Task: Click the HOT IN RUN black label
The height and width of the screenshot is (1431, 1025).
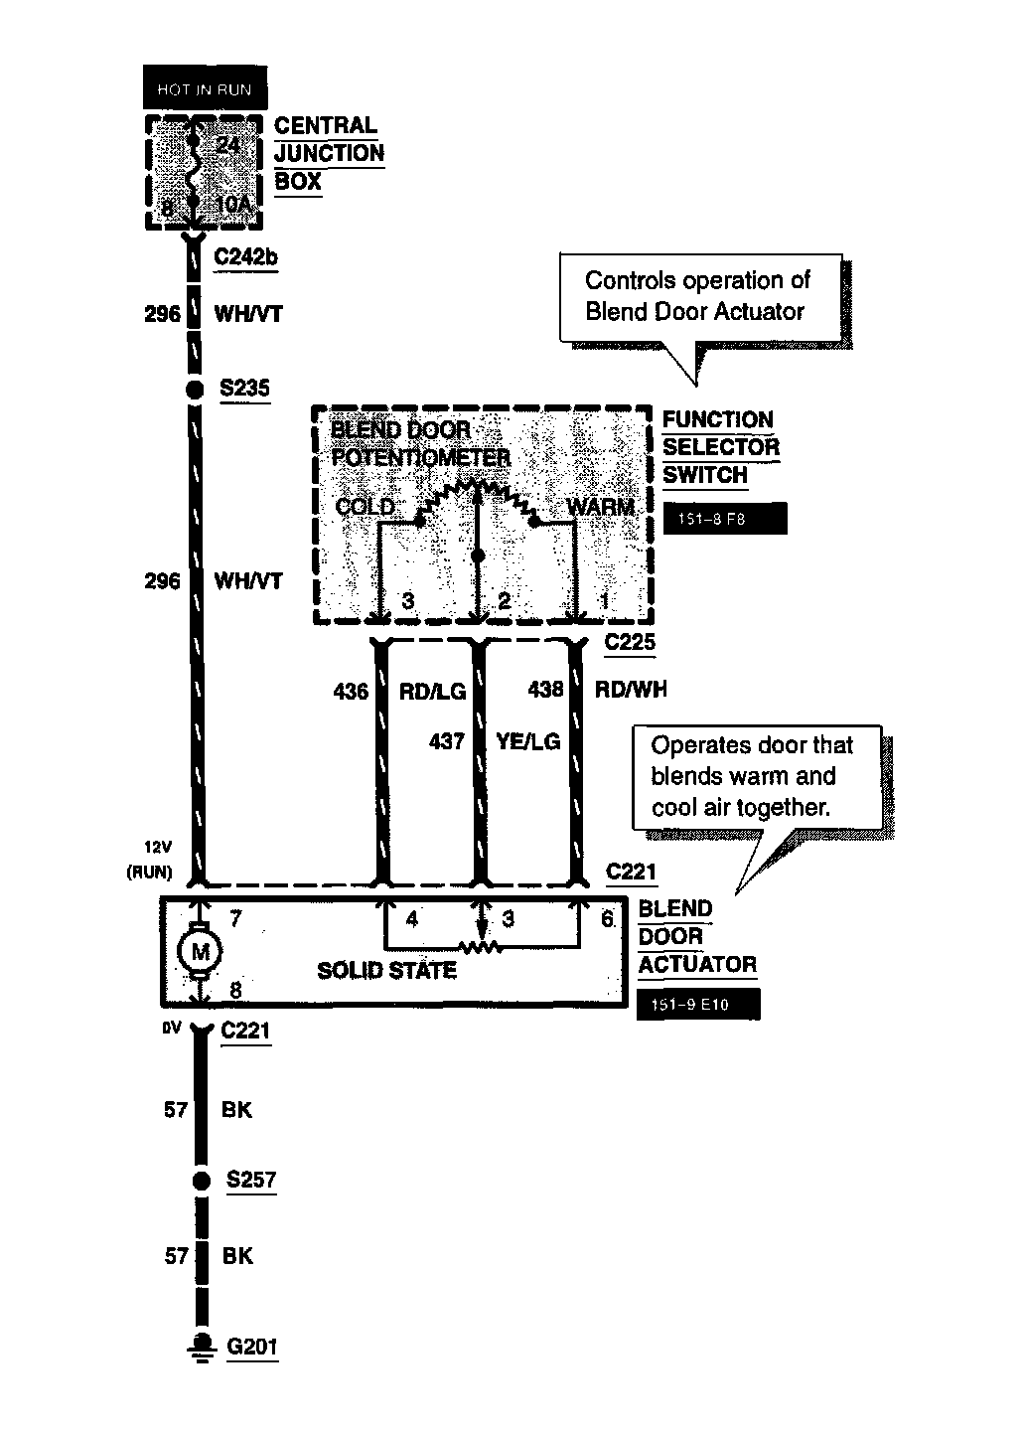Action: [x=205, y=89]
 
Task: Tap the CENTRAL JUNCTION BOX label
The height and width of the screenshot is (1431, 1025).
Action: [x=329, y=153]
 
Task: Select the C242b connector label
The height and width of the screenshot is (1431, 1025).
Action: [x=246, y=257]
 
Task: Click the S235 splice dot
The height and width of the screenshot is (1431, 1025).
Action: [x=196, y=390]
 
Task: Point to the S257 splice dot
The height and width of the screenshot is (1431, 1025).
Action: [x=202, y=1181]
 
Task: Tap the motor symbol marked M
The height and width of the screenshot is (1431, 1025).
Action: [x=200, y=953]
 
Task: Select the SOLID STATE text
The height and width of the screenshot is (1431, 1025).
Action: [x=386, y=970]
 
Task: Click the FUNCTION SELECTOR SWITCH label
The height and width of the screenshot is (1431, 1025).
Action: [x=720, y=447]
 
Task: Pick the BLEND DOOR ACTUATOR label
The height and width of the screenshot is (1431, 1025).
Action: [x=696, y=936]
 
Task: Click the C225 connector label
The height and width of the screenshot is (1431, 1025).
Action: [x=630, y=642]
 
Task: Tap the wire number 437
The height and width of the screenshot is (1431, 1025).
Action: [x=447, y=741]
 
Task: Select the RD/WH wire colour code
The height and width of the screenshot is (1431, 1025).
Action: [x=631, y=690]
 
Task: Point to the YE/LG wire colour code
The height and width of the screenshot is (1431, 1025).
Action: [x=527, y=741]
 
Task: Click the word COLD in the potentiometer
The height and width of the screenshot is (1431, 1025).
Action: [x=365, y=507]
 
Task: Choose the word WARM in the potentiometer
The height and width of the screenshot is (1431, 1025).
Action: [x=600, y=507]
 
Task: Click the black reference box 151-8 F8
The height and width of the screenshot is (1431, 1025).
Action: [x=724, y=519]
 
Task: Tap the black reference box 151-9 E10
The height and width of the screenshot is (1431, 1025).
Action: [x=698, y=1005]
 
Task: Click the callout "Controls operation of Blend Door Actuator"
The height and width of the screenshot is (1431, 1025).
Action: [x=698, y=296]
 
